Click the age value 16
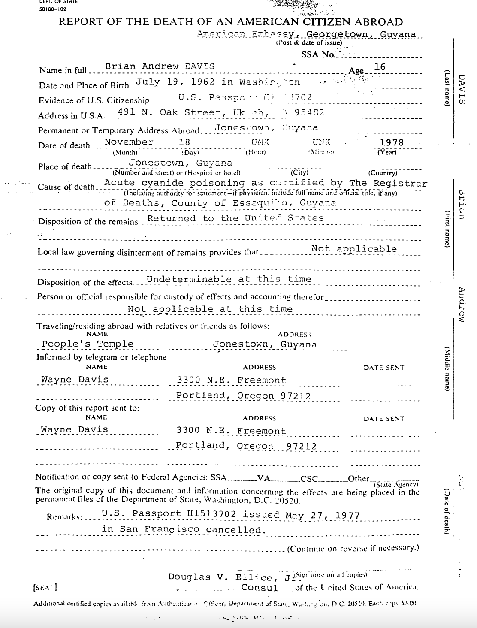380,67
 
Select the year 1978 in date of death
392,142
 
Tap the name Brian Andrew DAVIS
160,66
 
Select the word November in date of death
129,142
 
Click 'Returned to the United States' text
235,218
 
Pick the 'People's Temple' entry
87,344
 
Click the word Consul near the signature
260,587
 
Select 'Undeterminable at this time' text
229,279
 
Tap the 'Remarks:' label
64,517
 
